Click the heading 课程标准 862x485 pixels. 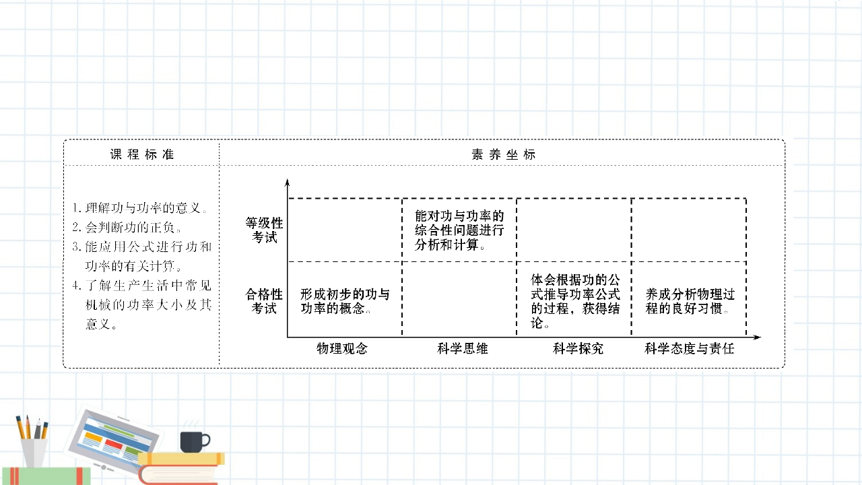[142, 154]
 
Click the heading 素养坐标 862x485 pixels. [503, 154]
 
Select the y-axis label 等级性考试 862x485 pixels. [264, 230]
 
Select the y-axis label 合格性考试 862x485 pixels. [264, 301]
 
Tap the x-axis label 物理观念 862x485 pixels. [342, 348]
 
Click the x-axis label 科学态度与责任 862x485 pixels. [689, 348]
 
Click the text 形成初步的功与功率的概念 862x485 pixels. [345, 301]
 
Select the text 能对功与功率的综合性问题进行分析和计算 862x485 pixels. [459, 230]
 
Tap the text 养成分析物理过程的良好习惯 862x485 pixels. [690, 301]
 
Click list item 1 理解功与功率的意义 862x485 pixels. [141, 207]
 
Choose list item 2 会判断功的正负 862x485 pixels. [128, 227]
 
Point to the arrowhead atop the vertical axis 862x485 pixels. [288, 182]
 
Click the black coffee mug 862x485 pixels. [193, 441]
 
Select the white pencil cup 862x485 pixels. [34, 452]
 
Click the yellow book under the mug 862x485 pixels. [182, 459]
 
